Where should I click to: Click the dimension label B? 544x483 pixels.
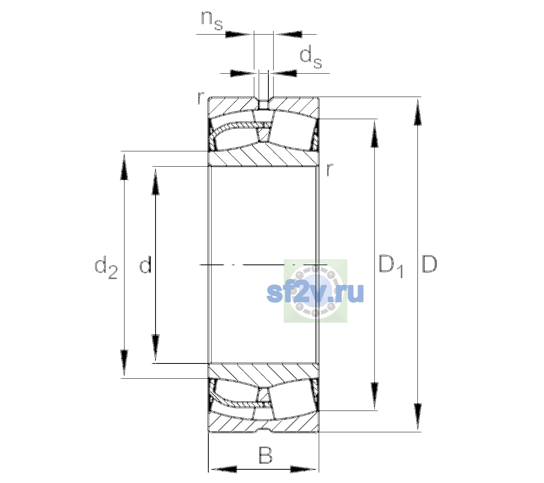(265, 455)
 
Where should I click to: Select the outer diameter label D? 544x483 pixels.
(430, 264)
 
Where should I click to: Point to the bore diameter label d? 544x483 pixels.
(145, 264)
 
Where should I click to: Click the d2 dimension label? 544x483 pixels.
(106, 267)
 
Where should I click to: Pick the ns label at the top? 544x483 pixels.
(212, 21)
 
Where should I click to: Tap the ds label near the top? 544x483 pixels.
(311, 57)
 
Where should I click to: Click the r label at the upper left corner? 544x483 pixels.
(201, 98)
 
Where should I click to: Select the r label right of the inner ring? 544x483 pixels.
(330, 169)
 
